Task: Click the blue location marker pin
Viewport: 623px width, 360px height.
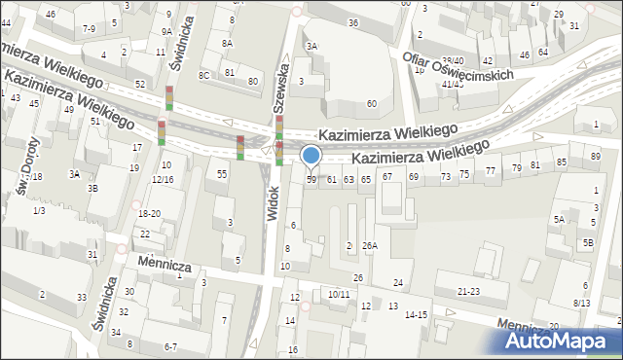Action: click(x=311, y=156)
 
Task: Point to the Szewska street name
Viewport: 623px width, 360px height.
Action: click(x=283, y=87)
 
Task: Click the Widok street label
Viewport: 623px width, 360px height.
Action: click(x=273, y=204)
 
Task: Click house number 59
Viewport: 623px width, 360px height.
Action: click(x=311, y=179)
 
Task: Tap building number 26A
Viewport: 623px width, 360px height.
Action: click(x=370, y=245)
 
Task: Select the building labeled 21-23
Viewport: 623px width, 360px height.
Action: click(x=468, y=291)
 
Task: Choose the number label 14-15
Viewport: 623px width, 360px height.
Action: click(x=416, y=314)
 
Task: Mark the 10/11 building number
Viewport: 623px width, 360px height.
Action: click(x=339, y=293)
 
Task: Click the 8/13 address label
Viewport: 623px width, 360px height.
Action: click(x=582, y=303)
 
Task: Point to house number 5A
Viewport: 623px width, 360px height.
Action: click(x=559, y=220)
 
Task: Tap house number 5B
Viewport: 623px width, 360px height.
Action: click(x=588, y=242)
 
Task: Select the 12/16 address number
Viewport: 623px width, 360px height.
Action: click(x=163, y=180)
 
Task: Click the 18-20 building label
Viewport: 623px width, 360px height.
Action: click(x=149, y=213)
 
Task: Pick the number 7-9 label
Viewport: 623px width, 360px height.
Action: click(x=89, y=28)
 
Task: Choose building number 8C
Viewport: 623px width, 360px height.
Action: click(x=204, y=75)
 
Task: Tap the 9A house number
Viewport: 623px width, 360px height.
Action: click(x=166, y=31)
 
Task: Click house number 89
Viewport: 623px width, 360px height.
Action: click(x=596, y=157)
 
